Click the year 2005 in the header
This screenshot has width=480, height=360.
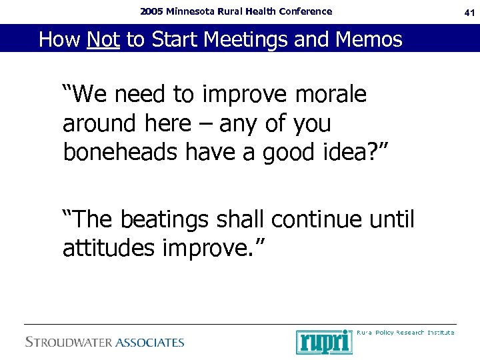[153, 11]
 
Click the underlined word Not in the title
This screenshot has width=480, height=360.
[103, 40]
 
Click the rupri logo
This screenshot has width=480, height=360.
[324, 341]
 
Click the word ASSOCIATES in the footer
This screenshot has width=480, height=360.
[150, 343]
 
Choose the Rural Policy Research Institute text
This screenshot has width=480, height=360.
[405, 332]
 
